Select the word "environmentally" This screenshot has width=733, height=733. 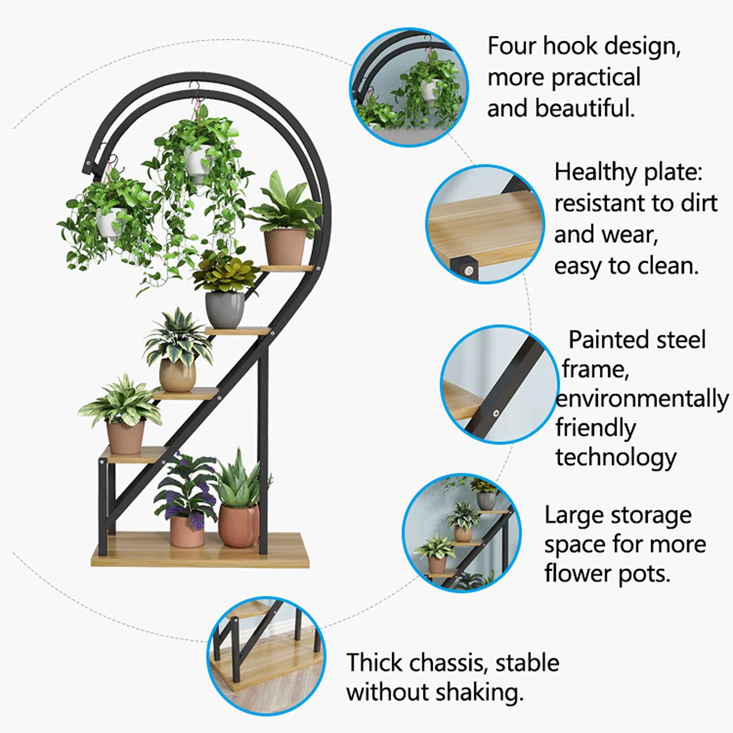[642, 399]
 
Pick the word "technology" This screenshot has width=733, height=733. [616, 458]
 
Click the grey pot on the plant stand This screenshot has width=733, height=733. [224, 309]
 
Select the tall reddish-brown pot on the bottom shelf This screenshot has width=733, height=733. [239, 525]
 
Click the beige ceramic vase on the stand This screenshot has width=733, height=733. [178, 375]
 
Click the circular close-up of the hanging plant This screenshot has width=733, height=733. [409, 87]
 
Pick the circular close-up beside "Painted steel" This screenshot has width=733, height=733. [499, 384]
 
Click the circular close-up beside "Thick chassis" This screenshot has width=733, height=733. [266, 656]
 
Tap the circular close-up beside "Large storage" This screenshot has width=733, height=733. [462, 532]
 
